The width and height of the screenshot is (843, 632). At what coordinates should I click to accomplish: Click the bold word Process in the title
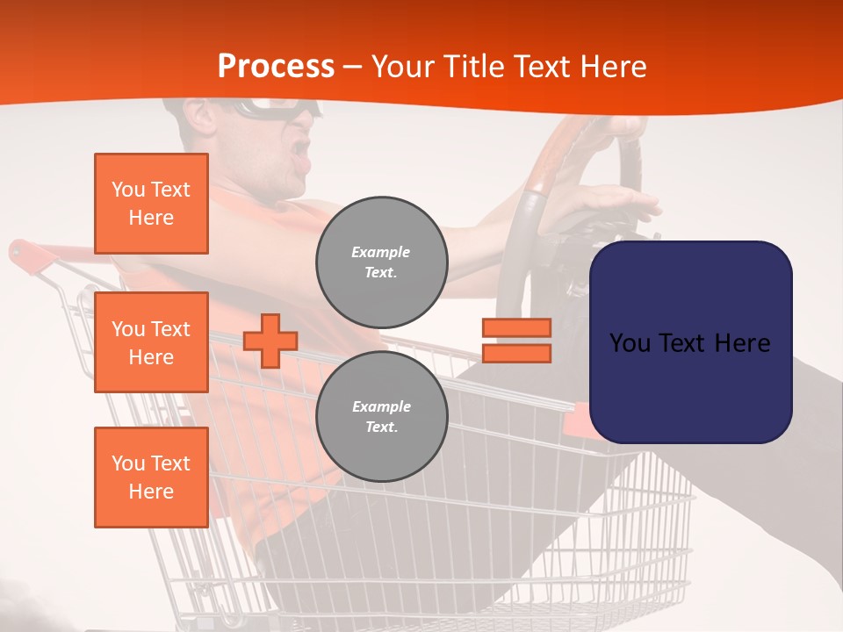coord(276,67)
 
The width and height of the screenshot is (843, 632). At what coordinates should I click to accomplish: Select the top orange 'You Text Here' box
coord(151,204)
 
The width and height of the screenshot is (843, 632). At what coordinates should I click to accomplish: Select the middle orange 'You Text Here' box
coord(151,342)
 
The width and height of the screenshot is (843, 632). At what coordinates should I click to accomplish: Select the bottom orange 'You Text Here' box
coord(151,478)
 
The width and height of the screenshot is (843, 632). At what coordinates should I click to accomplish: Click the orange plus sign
coord(270,341)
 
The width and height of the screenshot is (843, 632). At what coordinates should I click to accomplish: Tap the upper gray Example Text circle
coord(382,262)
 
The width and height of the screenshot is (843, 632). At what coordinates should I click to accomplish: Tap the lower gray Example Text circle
coord(382,417)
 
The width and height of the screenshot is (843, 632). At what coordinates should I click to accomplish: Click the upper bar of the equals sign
coord(516,327)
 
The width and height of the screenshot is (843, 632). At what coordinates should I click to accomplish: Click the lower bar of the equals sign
coord(516,354)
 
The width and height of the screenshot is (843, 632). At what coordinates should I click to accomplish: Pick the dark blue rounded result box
coord(690,341)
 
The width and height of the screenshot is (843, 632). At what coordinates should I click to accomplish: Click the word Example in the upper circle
coord(381,252)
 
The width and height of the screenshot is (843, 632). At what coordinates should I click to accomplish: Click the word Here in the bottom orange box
coord(151,492)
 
